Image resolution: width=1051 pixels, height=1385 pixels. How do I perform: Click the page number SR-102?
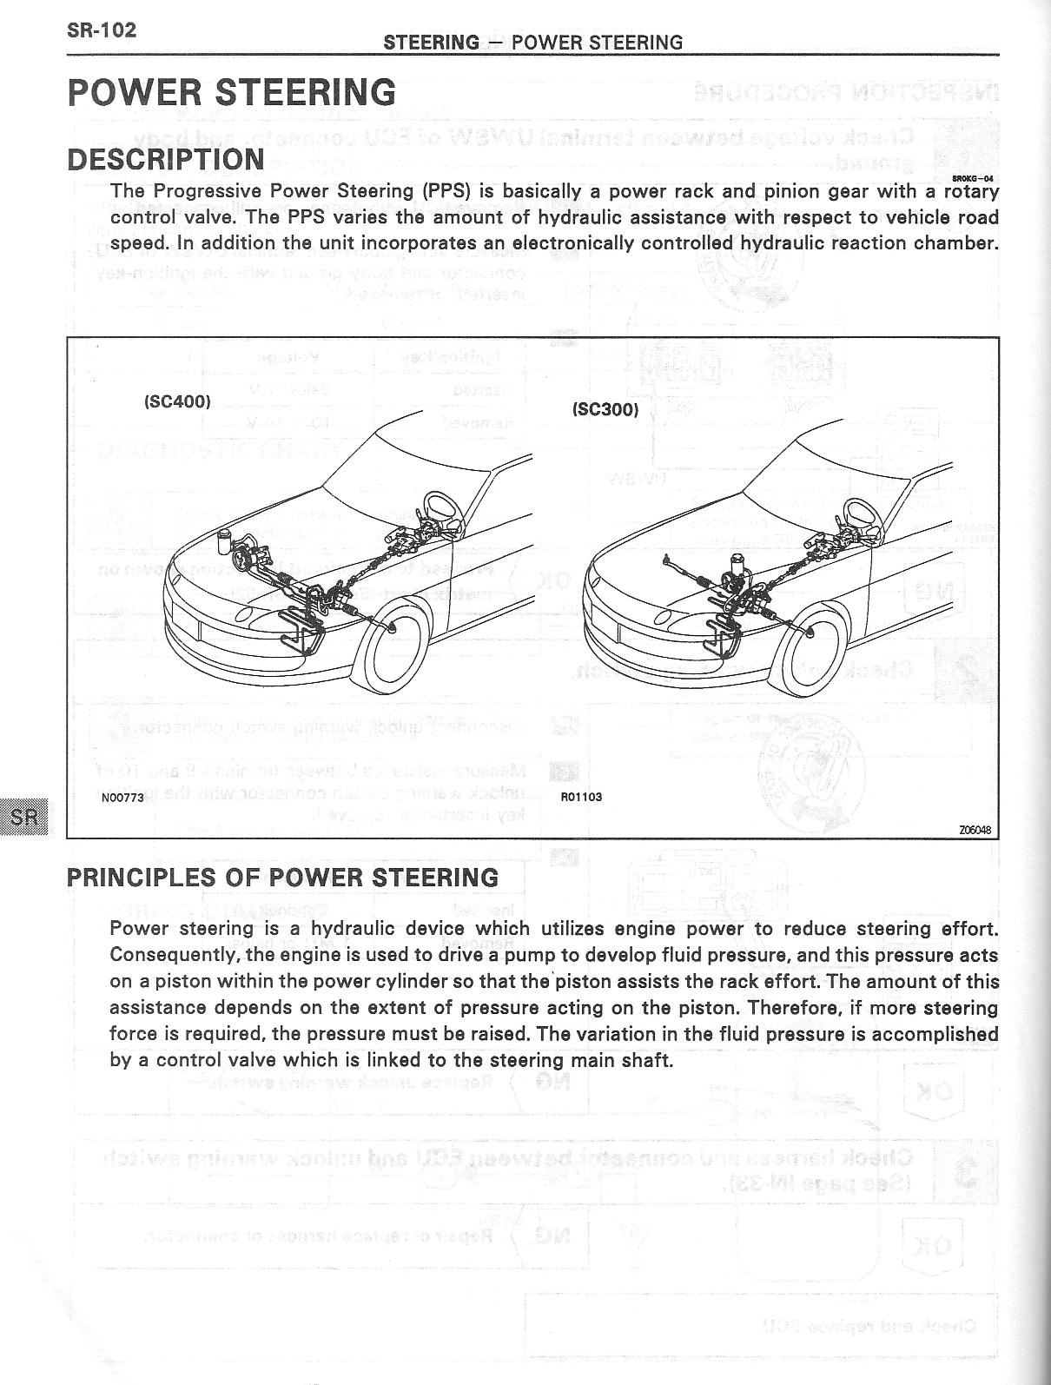[x=102, y=30]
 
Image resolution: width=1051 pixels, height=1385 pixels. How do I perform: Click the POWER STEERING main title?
[x=231, y=92]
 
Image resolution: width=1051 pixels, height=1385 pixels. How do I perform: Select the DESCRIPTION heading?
[x=166, y=159]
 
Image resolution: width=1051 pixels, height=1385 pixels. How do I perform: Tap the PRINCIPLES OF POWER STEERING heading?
[x=283, y=877]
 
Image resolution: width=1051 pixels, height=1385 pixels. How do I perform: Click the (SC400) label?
[x=176, y=401]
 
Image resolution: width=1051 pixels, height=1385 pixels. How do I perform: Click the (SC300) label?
[x=605, y=409]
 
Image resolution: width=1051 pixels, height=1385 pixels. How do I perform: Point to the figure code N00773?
[x=122, y=797]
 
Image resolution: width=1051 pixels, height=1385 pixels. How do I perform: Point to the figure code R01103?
[x=581, y=797]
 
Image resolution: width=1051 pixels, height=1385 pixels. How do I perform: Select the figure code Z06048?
[x=975, y=829]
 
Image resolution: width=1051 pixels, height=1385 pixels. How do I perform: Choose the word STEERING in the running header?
[x=431, y=43]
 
